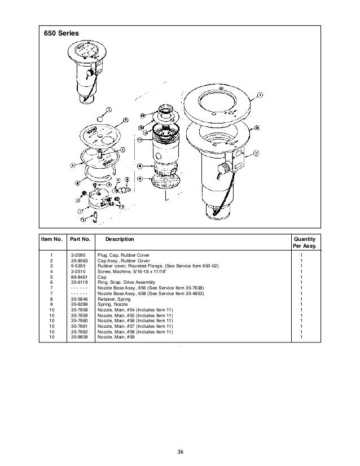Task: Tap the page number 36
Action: [180, 450]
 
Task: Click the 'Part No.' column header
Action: [80, 239]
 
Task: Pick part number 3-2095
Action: [78, 256]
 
